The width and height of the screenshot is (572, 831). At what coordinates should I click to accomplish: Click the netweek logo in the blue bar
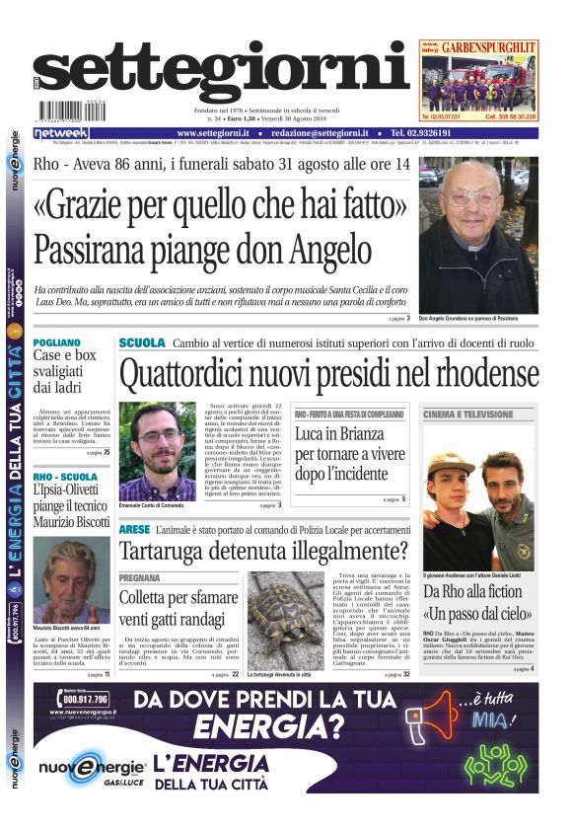60,133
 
